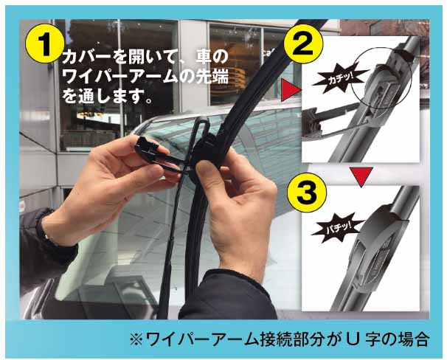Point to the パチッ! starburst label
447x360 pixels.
(329, 228)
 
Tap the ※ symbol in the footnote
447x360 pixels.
(135, 339)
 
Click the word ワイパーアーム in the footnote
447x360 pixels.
(196, 339)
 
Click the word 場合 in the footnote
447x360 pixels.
(412, 339)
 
